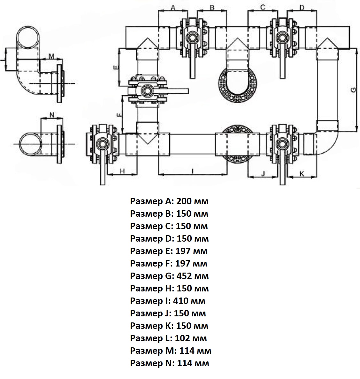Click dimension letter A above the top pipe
click(173, 8)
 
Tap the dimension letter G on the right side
click(354, 90)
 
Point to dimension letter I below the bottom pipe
click(193, 171)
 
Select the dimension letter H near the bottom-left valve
click(122, 171)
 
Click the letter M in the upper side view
click(51, 56)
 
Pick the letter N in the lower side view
click(52, 115)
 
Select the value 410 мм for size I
click(189, 301)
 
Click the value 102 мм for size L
click(191, 338)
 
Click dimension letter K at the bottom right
click(302, 173)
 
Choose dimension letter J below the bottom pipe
click(263, 174)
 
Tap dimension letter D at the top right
click(302, 8)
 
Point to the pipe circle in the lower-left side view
click(30, 144)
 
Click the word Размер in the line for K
click(146, 326)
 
